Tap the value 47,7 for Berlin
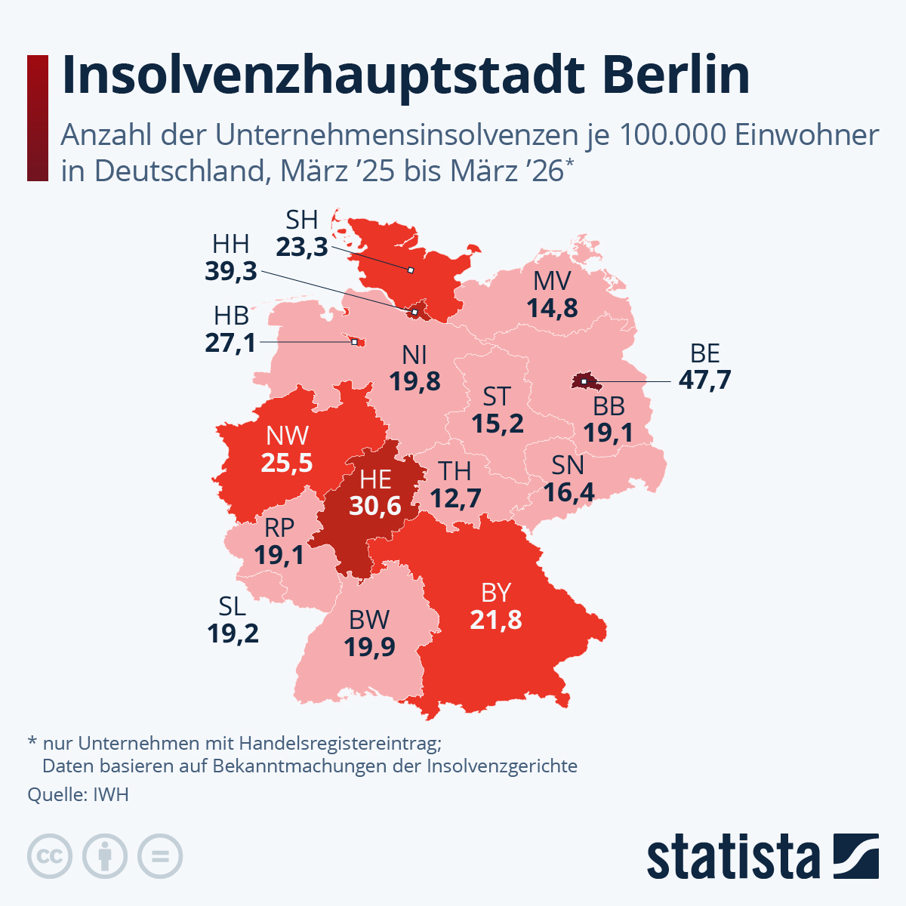coord(704,380)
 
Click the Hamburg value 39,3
coord(231,271)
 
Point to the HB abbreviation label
coord(231,316)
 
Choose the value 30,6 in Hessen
coord(375,506)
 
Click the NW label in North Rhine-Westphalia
coord(287,436)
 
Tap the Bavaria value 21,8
coord(496,620)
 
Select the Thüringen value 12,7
coord(455,498)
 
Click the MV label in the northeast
coord(552,282)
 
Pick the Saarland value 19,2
coord(233,633)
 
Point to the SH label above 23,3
coord(301,220)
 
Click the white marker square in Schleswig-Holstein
coord(410,270)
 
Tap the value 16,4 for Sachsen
coord(569,492)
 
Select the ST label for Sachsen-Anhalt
coord(497,396)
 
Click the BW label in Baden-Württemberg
coord(369,620)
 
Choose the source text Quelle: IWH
coord(78,795)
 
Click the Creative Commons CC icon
coord(50,856)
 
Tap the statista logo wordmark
coord(732,858)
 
